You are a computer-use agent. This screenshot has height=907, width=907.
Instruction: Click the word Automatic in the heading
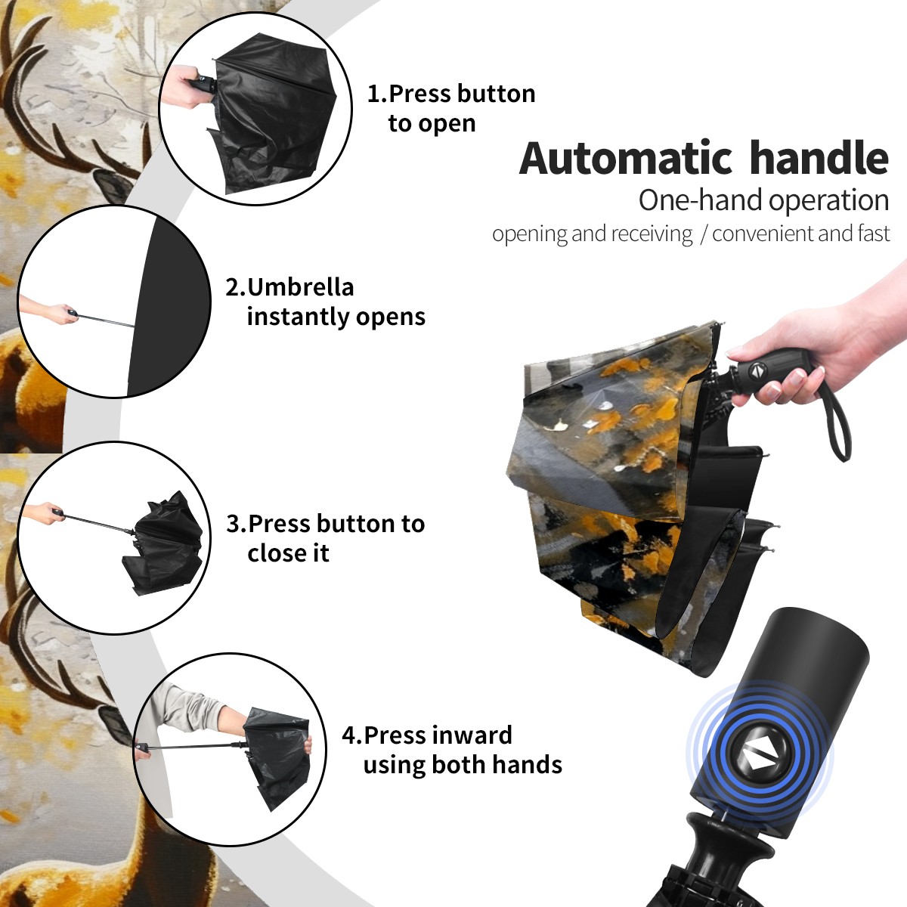626,159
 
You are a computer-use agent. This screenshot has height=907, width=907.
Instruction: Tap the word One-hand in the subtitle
701,200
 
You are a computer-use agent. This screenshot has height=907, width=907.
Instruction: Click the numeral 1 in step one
373,94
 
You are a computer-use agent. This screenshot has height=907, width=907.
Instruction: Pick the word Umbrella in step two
300,287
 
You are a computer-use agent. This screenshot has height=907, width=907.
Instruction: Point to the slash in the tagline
703,234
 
